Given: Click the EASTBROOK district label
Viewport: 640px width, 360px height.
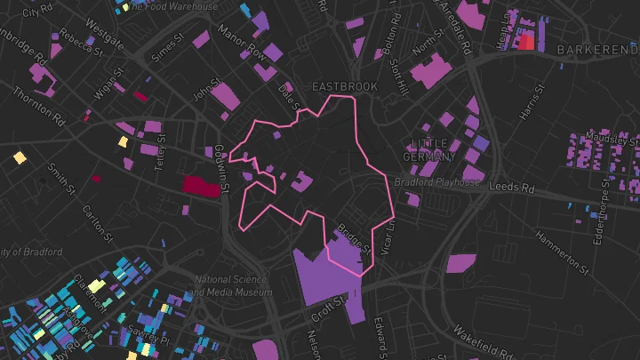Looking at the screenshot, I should coord(344,86).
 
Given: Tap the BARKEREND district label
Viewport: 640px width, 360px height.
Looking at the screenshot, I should coord(597,51).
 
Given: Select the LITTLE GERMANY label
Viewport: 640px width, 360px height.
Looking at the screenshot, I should coord(434,149).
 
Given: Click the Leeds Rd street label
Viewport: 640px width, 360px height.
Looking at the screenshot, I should coord(516,188).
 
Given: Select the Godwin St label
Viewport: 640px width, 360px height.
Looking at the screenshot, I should coord(224,170).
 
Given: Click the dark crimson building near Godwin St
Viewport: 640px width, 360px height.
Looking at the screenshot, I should coord(201,186).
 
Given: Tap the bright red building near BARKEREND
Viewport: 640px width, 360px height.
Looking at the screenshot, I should coord(527,41).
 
